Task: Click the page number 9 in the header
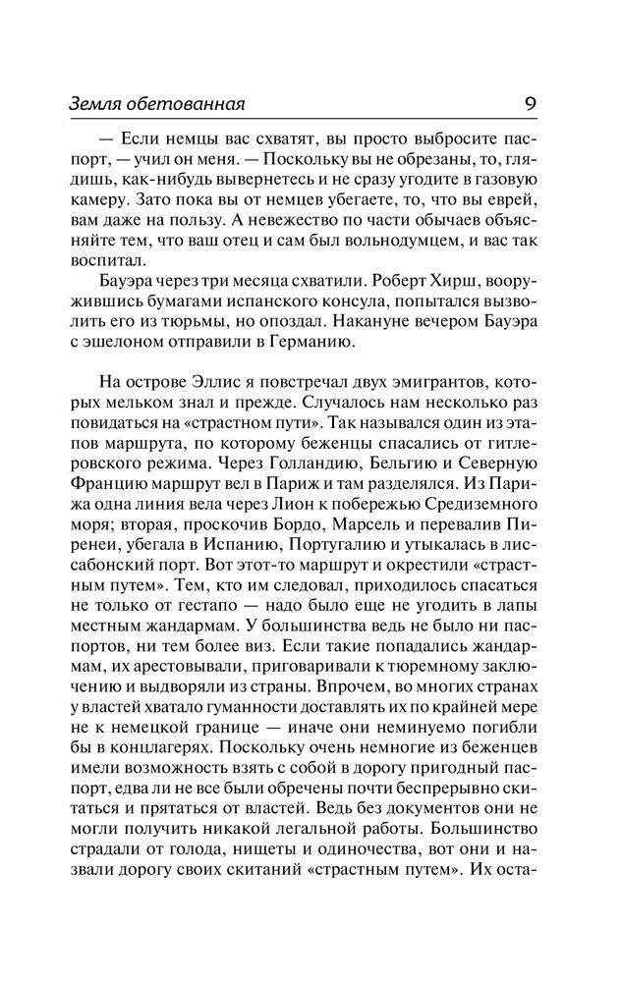531,102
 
